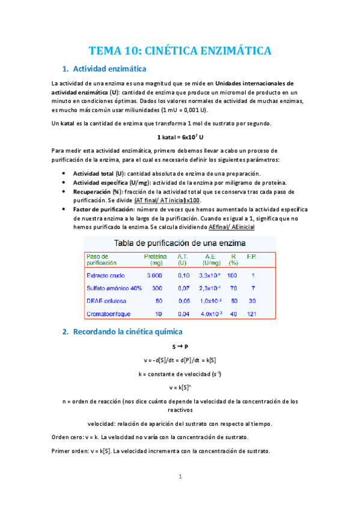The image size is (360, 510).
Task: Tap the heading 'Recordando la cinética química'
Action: pyautogui.click(x=127, y=331)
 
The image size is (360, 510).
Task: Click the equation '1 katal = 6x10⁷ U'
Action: pyautogui.click(x=180, y=137)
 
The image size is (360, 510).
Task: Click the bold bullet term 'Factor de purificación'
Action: pyautogui.click(x=103, y=209)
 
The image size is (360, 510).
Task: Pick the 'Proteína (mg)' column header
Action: pyautogui.click(x=154, y=259)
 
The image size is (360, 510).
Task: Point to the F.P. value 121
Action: pyautogui.click(x=253, y=314)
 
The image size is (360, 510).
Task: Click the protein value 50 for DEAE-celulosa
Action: pyautogui.click(x=158, y=301)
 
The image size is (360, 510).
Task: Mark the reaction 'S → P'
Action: pyautogui.click(x=180, y=347)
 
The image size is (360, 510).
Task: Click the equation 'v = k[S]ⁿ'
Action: pyautogui.click(x=180, y=387)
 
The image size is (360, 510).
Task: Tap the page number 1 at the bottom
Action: pyautogui.click(x=179, y=476)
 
